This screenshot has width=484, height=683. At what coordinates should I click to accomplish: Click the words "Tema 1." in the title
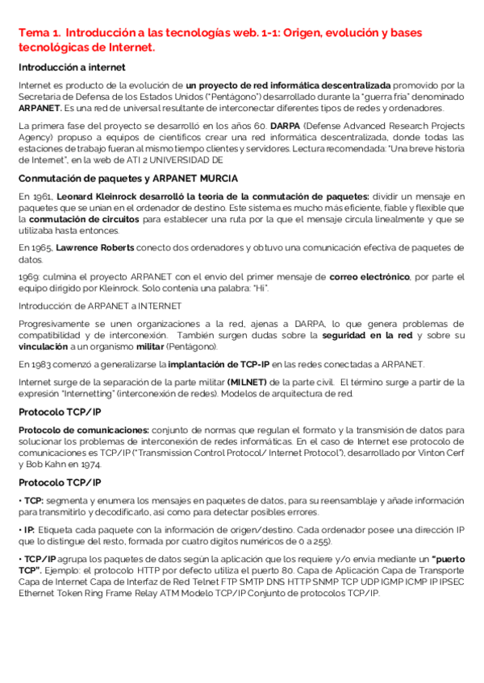click(x=39, y=33)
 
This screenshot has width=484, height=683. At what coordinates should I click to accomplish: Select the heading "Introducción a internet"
click(x=72, y=67)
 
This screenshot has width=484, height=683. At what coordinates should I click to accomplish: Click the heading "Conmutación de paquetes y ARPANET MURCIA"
click(x=127, y=178)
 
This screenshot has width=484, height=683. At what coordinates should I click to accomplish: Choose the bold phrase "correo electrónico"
click(x=368, y=277)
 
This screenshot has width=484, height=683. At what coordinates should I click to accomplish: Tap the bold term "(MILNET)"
click(x=252, y=382)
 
